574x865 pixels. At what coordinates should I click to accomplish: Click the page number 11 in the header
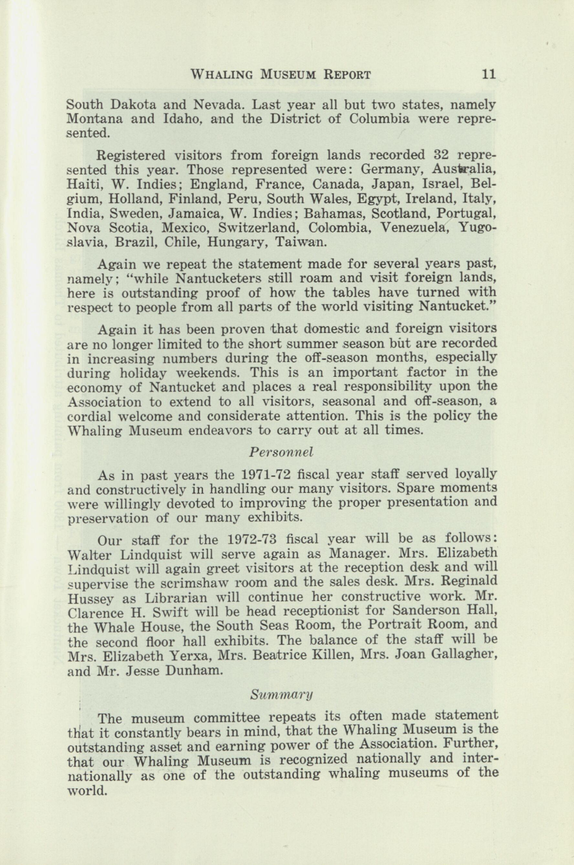(489, 75)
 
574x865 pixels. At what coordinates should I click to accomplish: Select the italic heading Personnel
(281, 452)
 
